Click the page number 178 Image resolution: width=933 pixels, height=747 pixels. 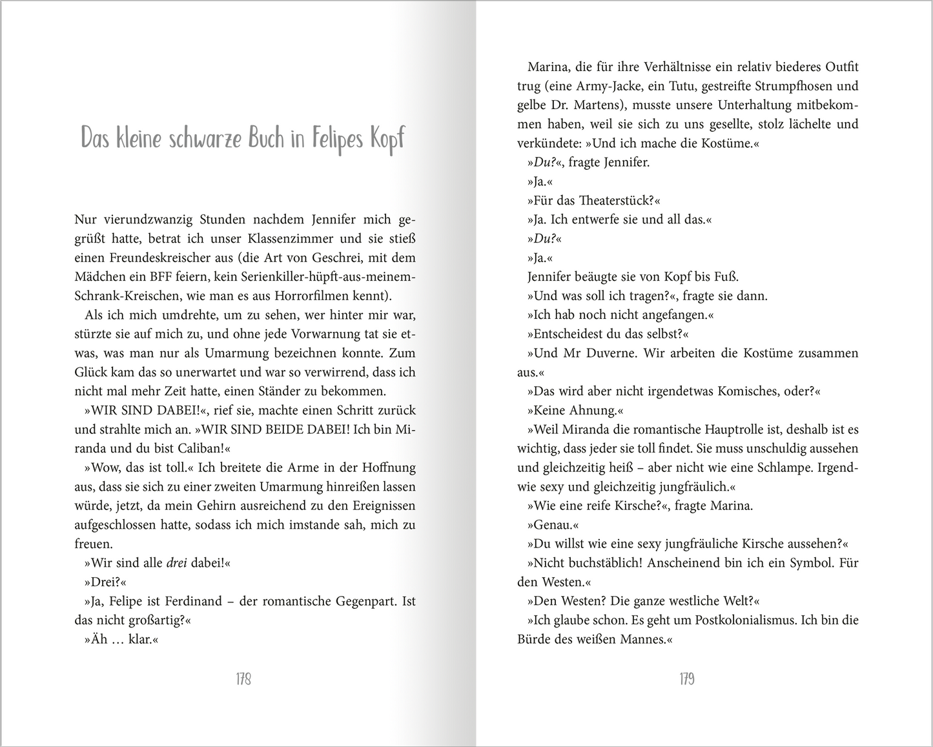243,679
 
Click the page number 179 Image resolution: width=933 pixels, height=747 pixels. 686,679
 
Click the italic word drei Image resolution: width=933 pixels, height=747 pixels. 176,563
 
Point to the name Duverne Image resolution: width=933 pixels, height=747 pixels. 600,353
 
